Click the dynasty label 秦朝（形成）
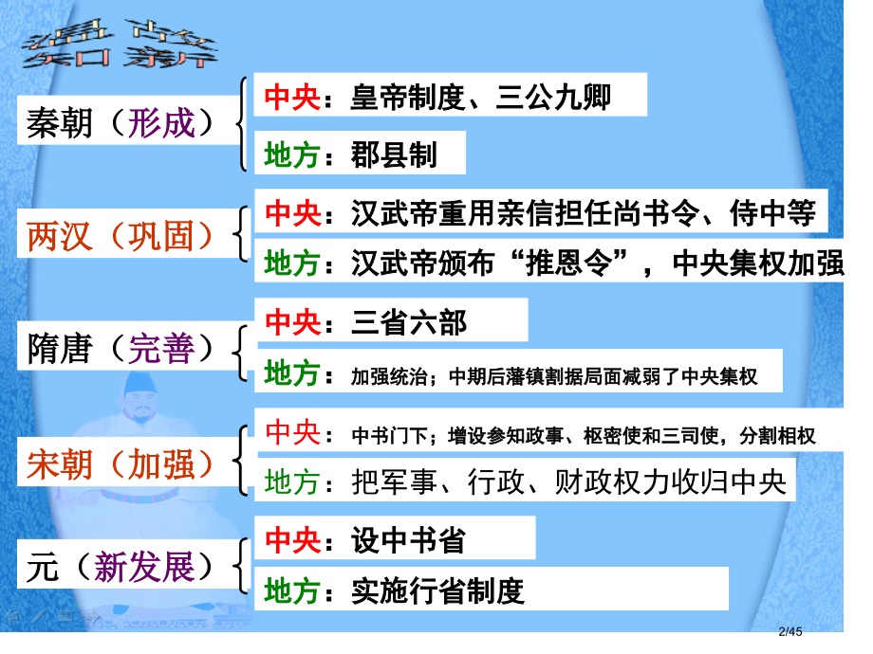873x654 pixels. [121, 124]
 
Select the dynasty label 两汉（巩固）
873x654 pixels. [121, 234]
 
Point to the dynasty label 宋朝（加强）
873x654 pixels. [121, 463]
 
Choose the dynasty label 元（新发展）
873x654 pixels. [121, 567]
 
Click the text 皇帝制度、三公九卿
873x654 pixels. [479, 98]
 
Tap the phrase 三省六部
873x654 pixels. [409, 322]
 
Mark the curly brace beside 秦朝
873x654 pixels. [244, 124]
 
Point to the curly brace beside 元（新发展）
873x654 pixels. [244, 567]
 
